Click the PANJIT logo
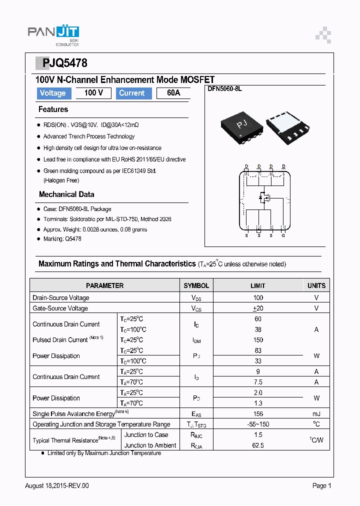coord(53,33)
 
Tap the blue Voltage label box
coord(53,93)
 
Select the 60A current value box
coord(173,93)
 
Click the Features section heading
coord(53,109)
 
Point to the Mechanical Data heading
coord(66,194)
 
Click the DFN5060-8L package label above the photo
coord(224,88)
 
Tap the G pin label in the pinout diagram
coord(283,235)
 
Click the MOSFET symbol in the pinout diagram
coord(264,197)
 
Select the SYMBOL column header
coord(196,285)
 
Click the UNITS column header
coord(316,285)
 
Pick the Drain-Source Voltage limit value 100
coord(258,297)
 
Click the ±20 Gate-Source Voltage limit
coord(258,308)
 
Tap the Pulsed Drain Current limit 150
coord(258,340)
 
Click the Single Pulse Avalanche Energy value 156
coord(258,413)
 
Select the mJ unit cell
coord(316,413)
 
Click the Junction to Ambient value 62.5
coord(258,445)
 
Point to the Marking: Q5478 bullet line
coord(62,239)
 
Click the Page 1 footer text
coord(321,485)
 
